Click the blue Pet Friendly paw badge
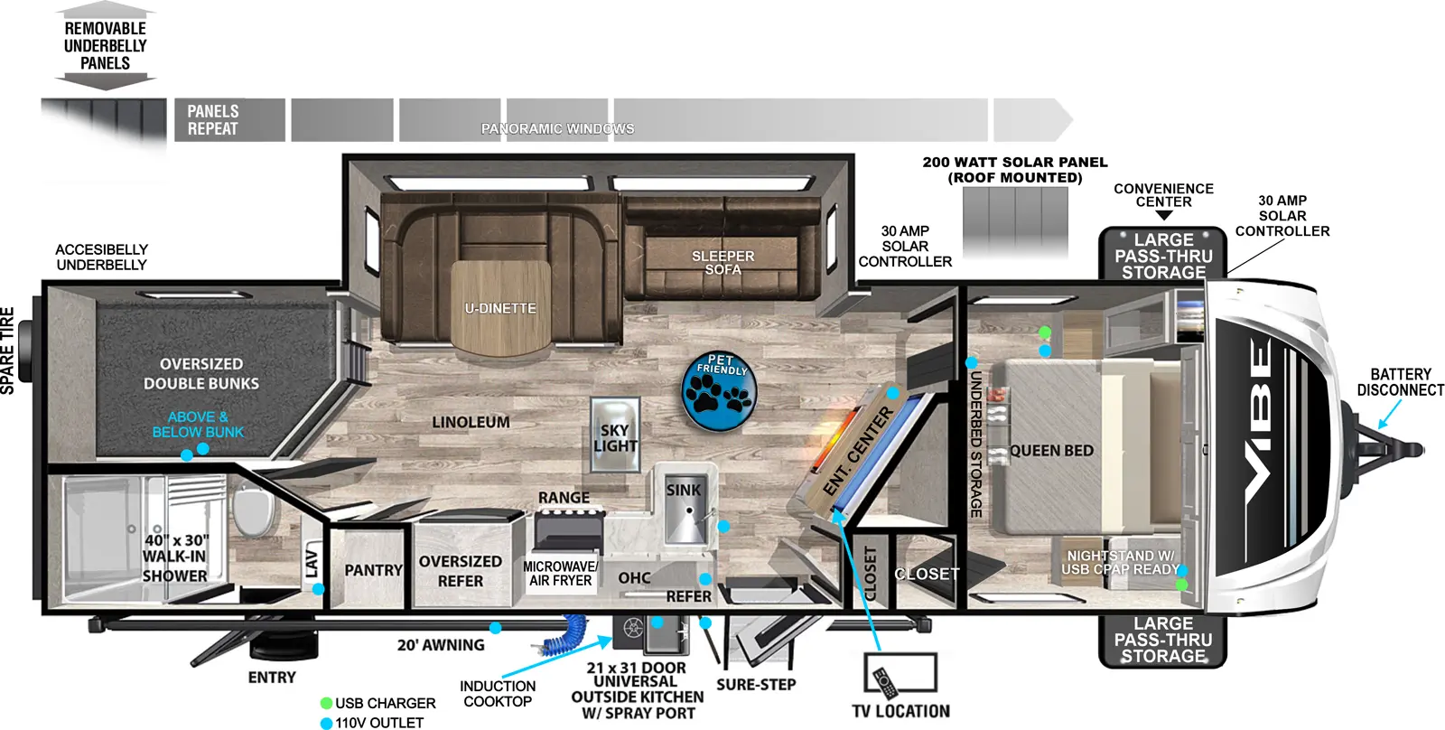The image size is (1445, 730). pos(718,390)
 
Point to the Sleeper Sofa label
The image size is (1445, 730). pos(722,263)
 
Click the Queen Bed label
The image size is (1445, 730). pos(1051,450)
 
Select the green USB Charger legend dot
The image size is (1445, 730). pos(326,703)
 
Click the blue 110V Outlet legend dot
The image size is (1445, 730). pos(326,723)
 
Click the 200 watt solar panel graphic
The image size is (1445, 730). pos(1015,221)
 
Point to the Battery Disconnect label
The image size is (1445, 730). pos(1400,382)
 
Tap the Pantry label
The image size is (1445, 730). pos(373,570)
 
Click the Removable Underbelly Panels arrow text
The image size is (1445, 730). pos(106,45)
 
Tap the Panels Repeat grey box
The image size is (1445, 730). pos(229,120)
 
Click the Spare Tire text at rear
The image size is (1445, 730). pos(8,351)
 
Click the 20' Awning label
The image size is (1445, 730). pos(441,645)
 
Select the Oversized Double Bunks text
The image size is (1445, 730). pos(200,373)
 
